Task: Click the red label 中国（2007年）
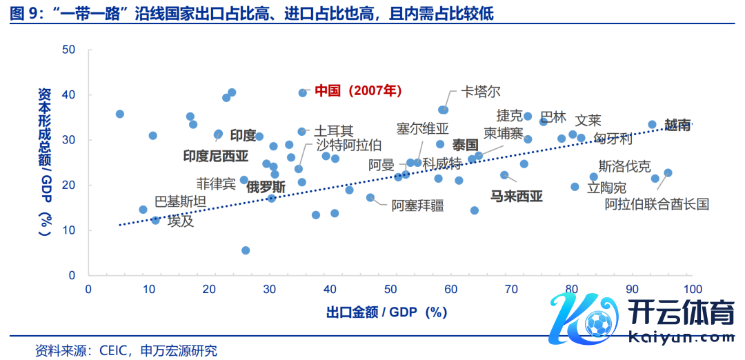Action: (x=358, y=91)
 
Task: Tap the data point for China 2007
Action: (x=302, y=92)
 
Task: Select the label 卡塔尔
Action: (x=481, y=92)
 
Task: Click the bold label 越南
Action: (x=677, y=125)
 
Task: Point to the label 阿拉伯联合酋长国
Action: (x=657, y=203)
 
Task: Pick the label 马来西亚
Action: (x=516, y=197)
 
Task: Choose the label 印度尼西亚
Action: (x=215, y=156)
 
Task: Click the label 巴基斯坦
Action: (x=179, y=201)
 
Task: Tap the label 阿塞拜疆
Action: (x=417, y=205)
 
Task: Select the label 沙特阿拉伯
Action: (x=348, y=146)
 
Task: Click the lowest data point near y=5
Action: (x=246, y=250)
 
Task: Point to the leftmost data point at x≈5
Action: (x=119, y=114)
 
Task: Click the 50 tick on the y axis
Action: (x=68, y=50)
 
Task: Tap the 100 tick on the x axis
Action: (x=692, y=289)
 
